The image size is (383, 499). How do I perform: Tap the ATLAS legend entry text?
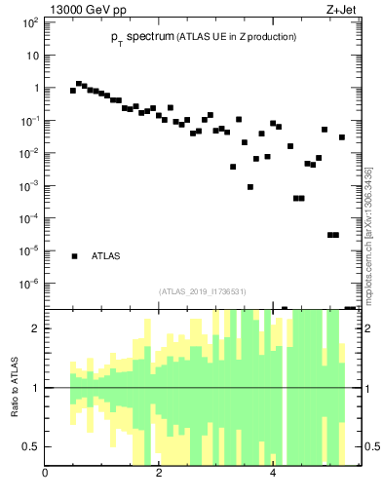tap(105, 256)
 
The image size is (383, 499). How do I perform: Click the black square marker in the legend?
tap(74, 256)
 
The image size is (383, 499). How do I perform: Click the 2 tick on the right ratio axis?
tap(369, 328)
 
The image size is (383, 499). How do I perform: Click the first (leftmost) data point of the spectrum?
tap(73, 91)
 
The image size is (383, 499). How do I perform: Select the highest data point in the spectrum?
tap(79, 84)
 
